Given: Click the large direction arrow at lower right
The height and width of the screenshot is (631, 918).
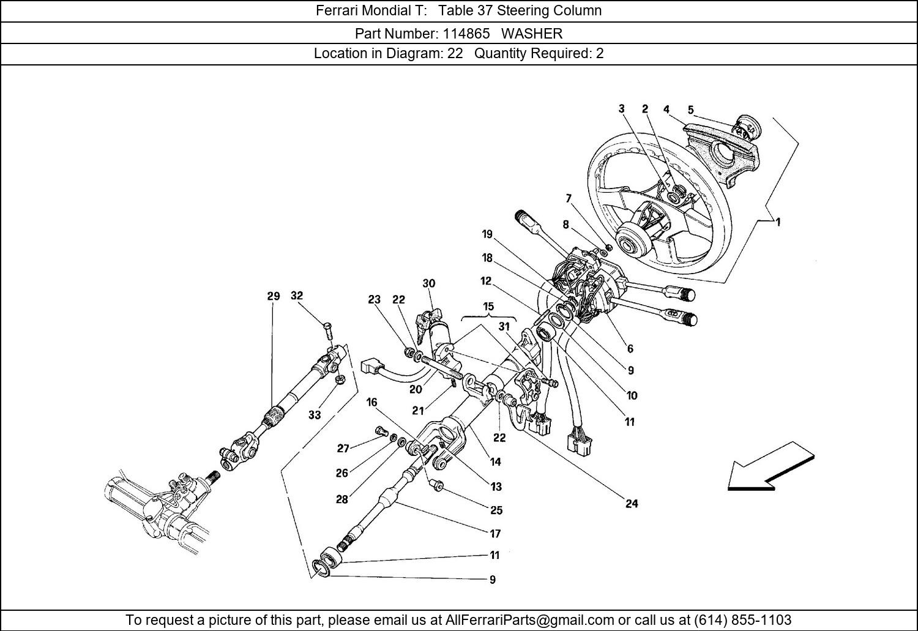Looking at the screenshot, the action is coord(770,467).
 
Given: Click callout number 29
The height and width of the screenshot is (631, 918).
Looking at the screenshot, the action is coord(274,296).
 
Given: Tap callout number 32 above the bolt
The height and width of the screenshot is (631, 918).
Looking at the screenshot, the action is coord(297,296).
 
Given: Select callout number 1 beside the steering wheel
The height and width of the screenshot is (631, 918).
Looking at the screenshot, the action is coord(777,222).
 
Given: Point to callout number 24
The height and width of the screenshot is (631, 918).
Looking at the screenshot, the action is coord(632,504).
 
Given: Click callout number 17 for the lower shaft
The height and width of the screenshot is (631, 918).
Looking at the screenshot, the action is coord(495,534).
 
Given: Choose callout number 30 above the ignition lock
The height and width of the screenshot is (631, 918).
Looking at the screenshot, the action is coord(428,283).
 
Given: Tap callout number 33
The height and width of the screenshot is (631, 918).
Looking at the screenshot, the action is coord(315,415).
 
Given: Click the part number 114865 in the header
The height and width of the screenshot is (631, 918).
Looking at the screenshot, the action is coord(466,33).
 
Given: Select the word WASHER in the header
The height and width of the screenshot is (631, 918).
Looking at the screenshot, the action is coord(532,33).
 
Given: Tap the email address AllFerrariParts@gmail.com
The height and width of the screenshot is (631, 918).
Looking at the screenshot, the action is coord(529,619).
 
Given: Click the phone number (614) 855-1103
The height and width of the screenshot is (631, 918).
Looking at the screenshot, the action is coord(742,619).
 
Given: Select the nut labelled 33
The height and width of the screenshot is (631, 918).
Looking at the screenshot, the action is coord(340,380).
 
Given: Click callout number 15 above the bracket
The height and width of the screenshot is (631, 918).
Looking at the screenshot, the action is coord(488,307).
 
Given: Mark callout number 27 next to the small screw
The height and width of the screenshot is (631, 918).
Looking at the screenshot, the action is coord(343,448).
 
